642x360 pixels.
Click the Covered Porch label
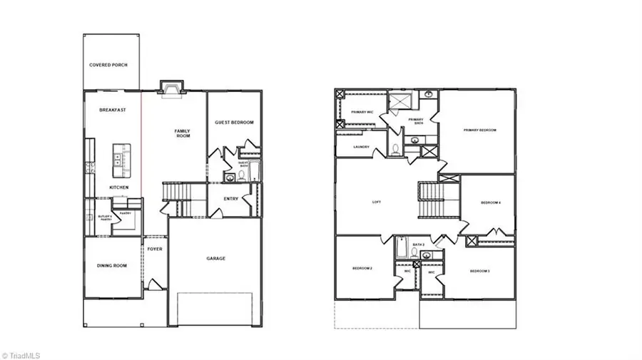pyautogui.click(x=108, y=65)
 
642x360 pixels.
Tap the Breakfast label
pyautogui.click(x=113, y=110)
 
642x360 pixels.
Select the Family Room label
pyautogui.click(x=183, y=133)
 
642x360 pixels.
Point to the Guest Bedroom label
pyautogui.click(x=234, y=123)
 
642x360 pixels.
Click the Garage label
pyautogui.click(x=215, y=259)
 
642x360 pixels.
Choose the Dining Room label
pyautogui.click(x=112, y=266)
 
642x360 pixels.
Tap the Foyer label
pyautogui.click(x=156, y=249)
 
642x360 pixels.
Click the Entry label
pyautogui.click(x=231, y=199)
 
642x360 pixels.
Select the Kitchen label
pyautogui.click(x=118, y=187)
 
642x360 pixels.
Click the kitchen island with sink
pyautogui.click(x=120, y=159)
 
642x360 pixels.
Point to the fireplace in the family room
pyautogui.click(x=172, y=88)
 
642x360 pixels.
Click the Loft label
pyautogui.click(x=377, y=202)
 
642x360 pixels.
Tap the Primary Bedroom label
pyautogui.click(x=479, y=130)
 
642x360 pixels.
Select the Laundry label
pyautogui.click(x=360, y=148)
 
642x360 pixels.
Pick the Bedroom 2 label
pyautogui.click(x=362, y=268)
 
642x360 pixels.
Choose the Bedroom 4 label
pyautogui.click(x=491, y=203)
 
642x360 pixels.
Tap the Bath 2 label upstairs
pyautogui.click(x=418, y=245)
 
